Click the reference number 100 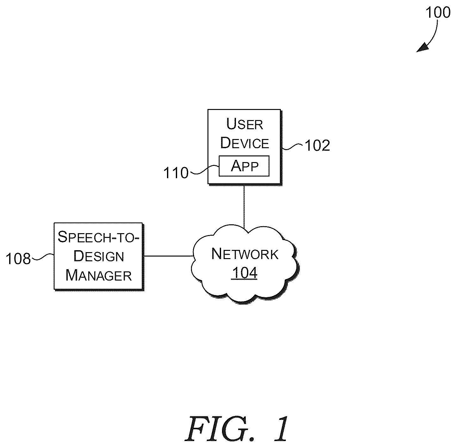coord(438,12)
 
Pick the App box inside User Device coord(244,166)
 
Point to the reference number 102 coord(317,145)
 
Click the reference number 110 coord(176,173)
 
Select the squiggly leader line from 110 coord(204,170)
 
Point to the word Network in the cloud coord(245,254)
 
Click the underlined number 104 coord(244,273)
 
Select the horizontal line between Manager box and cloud coord(168,256)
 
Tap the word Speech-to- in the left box coord(98,237)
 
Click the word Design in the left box coord(99,256)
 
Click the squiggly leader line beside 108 coord(43,257)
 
